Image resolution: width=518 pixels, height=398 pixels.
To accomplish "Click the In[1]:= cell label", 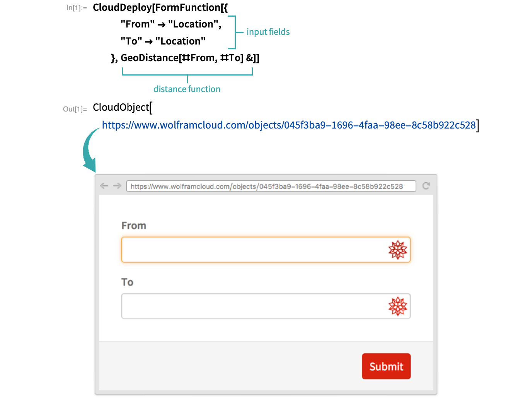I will [77, 8].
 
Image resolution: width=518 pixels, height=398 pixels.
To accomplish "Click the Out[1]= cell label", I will [75, 109].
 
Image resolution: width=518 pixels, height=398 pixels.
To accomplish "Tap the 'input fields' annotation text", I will [268, 32].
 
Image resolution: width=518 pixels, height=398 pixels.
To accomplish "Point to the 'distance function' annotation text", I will [187, 89].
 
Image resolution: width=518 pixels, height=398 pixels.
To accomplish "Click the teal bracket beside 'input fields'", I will [233, 33].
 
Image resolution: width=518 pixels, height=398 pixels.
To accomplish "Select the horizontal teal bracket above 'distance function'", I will [187, 73].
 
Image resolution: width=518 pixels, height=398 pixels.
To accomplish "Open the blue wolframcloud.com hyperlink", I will [288, 125].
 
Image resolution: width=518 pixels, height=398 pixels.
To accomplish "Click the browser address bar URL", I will [267, 186].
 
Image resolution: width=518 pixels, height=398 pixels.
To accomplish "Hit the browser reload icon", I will [426, 186].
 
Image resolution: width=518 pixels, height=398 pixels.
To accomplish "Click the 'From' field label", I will [134, 226].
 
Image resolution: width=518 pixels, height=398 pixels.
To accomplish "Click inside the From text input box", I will [251, 250].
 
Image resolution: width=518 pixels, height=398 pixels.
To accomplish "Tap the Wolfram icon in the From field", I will [398, 250].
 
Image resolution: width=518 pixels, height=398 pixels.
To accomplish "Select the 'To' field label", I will [127, 282].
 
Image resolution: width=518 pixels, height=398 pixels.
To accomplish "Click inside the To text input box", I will [251, 306].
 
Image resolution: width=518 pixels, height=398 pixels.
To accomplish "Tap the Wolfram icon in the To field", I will [398, 306].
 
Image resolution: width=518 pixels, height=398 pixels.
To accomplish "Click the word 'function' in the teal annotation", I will [204, 89].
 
